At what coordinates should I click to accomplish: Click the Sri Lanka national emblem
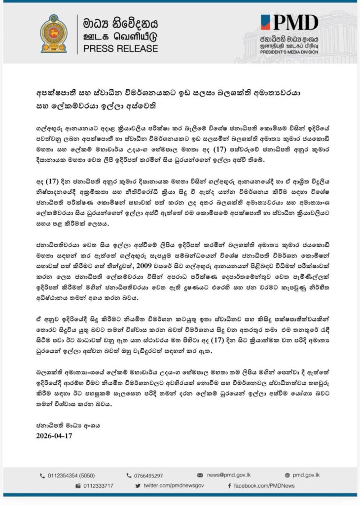click(x=53, y=34)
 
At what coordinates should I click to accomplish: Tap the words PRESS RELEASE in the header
click(x=120, y=49)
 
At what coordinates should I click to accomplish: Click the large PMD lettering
click(x=296, y=23)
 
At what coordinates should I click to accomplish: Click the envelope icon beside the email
click(x=200, y=475)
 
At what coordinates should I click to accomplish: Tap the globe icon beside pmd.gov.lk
click(x=288, y=475)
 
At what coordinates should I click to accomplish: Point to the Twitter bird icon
click(x=138, y=486)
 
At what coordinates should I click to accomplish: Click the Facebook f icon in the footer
click(x=230, y=486)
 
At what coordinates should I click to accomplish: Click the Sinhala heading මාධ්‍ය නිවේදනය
click(x=121, y=22)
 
